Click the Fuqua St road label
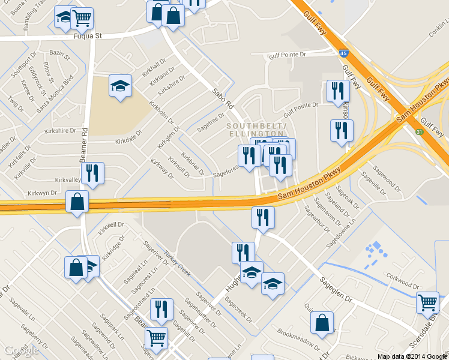[88, 35]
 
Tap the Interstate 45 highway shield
[342, 54]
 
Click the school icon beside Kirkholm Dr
[120, 86]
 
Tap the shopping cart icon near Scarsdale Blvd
[428, 302]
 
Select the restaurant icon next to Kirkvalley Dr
[92, 173]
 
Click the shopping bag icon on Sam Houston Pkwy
[77, 202]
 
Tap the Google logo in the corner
[22, 350]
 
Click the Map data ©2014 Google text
[412, 356]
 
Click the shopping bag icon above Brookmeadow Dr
[322, 323]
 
